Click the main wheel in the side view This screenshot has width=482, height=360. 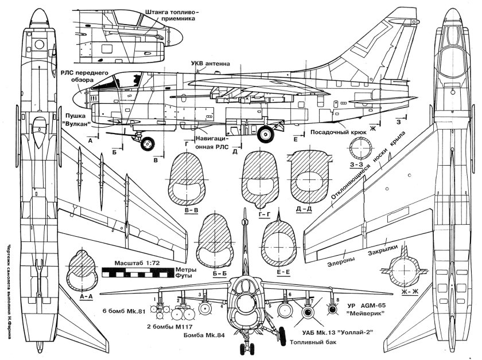click(x=266, y=134)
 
